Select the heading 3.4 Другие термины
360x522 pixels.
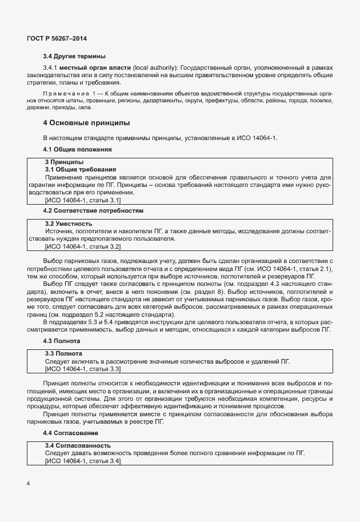coord(74,56)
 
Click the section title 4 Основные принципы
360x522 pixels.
coord(86,123)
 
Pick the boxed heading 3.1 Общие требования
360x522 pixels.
coord(81,170)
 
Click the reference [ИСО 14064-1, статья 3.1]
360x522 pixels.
coord(82,200)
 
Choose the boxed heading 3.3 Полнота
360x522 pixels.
coord(63,353)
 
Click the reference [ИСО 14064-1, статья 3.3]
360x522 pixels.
coord(82,369)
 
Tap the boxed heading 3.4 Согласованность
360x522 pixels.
coord(78,445)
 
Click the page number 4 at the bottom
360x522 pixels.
coord(28,483)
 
